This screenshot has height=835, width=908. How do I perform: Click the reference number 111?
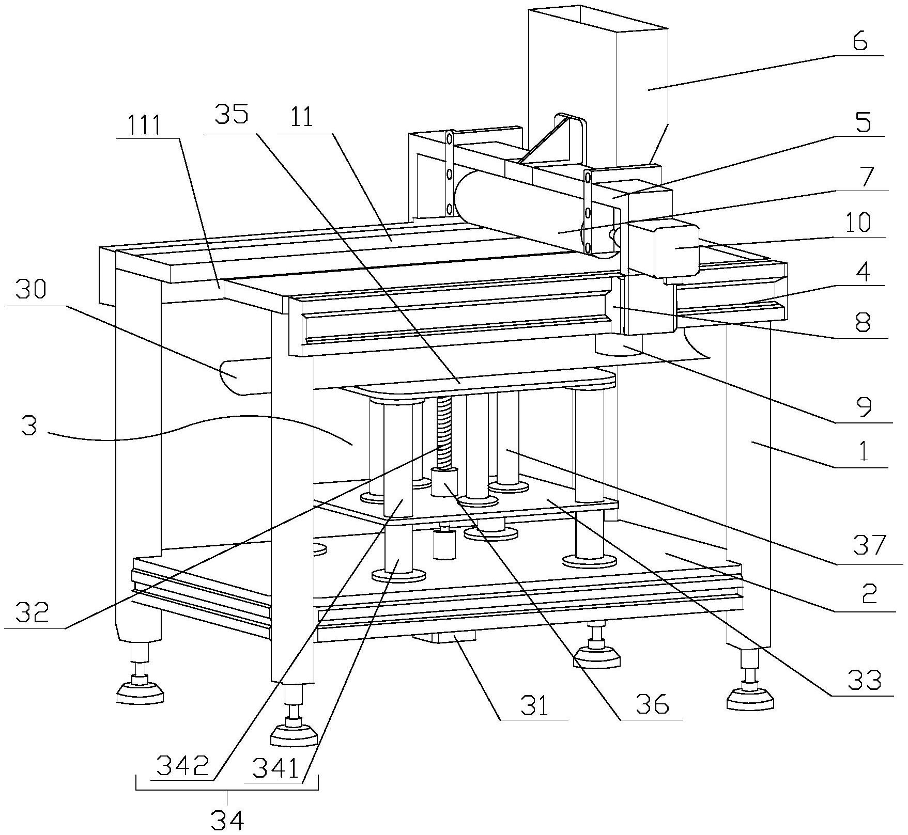[x=145, y=125]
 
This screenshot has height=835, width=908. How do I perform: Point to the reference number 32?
[x=32, y=612]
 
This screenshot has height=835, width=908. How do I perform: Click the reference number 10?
[x=858, y=222]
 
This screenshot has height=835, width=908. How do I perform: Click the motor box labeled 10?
[x=676, y=248]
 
